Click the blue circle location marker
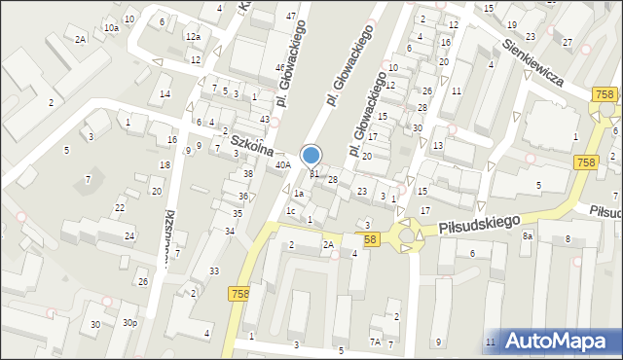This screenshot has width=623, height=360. pyautogui.click(x=311, y=155)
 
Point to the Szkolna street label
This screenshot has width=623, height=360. pyautogui.click(x=250, y=146)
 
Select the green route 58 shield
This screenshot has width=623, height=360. pyautogui.click(x=370, y=238)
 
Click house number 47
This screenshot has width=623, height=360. pyautogui.click(x=291, y=17)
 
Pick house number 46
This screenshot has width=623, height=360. pyautogui.click(x=280, y=67)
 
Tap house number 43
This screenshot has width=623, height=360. pyautogui.click(x=265, y=119)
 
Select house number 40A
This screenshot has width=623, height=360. pyautogui.click(x=283, y=165)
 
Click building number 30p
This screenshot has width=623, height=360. pyautogui.click(x=129, y=323)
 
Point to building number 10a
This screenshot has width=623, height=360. pyautogui.click(x=112, y=28)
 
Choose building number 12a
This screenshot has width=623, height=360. pyautogui.click(x=193, y=37)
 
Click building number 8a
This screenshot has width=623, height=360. pyautogui.click(x=528, y=236)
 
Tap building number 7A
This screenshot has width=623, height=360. pyautogui.click(x=375, y=342)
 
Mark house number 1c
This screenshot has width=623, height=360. pyautogui.click(x=290, y=210)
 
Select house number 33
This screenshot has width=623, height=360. pyautogui.click(x=214, y=270)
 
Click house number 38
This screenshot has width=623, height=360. pyautogui.click(x=248, y=173)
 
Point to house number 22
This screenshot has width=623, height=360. pyautogui.click(x=119, y=208)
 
